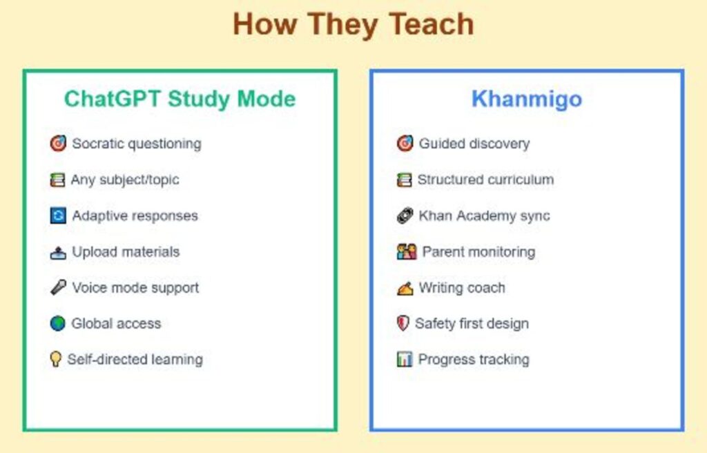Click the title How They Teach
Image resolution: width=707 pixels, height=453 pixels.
pos(353,25)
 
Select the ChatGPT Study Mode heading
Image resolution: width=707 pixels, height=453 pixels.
pos(180,99)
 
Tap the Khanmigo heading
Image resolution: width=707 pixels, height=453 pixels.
pos(526,99)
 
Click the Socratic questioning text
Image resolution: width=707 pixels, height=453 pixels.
pos(137,144)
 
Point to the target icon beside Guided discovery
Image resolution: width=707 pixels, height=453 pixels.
pos(405,144)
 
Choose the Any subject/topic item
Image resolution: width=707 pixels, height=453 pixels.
pos(125,180)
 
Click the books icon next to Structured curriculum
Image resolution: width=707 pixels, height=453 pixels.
pos(404,180)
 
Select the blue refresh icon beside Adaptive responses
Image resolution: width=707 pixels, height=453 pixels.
pos(58,215)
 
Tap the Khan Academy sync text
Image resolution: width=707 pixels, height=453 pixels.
pos(484,215)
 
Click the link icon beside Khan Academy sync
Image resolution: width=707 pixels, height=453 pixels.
pos(405,215)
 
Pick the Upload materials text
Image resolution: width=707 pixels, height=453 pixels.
pos(126,252)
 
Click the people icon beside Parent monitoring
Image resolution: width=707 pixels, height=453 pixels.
pos(407,252)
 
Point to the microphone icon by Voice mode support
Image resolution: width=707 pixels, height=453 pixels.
pos(58,287)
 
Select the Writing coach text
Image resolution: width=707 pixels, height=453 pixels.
pos(462,288)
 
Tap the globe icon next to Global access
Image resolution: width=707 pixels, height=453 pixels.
pos(58,323)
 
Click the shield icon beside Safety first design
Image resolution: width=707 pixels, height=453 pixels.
pos(403,323)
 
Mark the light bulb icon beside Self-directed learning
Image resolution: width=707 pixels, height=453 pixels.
pos(56,359)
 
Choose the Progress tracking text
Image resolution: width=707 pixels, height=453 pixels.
pos(474,360)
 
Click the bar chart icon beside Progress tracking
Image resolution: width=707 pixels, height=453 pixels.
pos(405,360)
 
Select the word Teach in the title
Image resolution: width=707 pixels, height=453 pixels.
pos(431,25)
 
